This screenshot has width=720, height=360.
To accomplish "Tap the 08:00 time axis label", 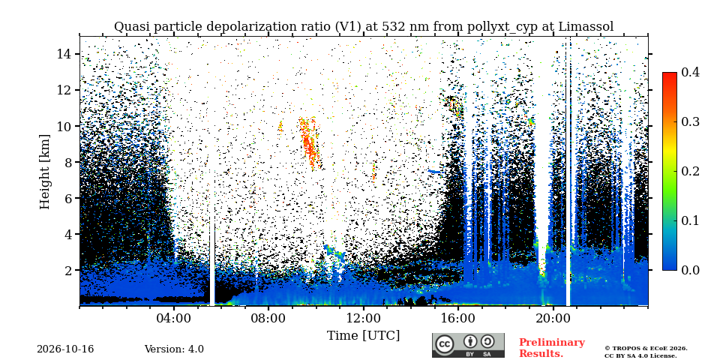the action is tap(268, 319).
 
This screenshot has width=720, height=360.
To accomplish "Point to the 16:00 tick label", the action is tap(457, 319).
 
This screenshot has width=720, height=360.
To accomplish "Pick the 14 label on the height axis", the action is tap(63, 54).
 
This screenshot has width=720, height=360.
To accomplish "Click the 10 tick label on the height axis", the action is tap(63, 126).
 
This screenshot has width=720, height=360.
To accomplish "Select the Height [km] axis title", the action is tap(44, 172).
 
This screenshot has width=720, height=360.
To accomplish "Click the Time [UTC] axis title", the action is tap(363, 336).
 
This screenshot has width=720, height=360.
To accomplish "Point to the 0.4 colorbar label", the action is tap(690, 72).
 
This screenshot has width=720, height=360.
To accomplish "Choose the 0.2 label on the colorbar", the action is tap(690, 171).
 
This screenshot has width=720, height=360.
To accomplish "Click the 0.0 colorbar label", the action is tap(690, 270).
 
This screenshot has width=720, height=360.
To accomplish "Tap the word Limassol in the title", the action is tap(586, 27).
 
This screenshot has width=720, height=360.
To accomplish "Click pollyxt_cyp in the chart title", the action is tap(504, 27).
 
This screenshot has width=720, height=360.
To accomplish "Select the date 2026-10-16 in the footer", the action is tap(65, 349).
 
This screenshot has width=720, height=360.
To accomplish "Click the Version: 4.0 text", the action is tap(174, 349).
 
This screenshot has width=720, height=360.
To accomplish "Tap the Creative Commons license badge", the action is tap(468, 345).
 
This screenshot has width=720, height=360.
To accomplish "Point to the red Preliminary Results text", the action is tap(552, 348).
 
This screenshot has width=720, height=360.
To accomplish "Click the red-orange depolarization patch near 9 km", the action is tap(310, 143).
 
